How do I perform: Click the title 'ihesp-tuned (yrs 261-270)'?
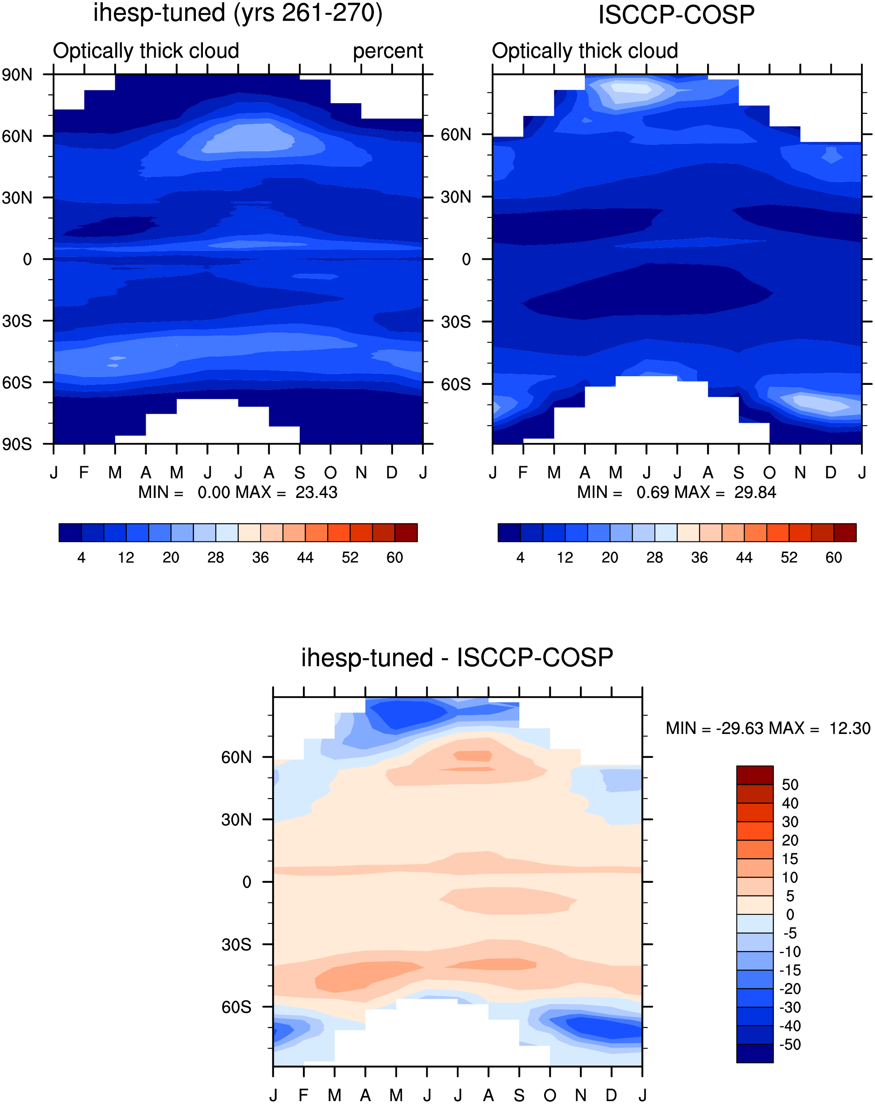tap(238, 13)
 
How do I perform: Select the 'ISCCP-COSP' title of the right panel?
tap(676, 15)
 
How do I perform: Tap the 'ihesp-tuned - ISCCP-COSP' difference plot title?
tap(457, 658)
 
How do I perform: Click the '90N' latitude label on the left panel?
tap(17, 75)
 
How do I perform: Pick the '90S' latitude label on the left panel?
tap(17, 444)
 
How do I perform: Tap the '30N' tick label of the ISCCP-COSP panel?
tap(456, 197)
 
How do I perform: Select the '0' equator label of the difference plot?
tap(247, 882)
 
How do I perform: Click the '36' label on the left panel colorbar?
tap(260, 558)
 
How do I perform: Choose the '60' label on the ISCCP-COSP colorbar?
tap(833, 558)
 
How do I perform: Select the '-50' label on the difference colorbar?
tap(789, 1045)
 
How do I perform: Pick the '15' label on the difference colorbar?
tap(790, 859)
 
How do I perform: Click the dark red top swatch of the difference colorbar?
tap(754, 775)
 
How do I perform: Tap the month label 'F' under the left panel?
tap(84, 472)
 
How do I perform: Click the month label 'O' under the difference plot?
tap(550, 1095)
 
